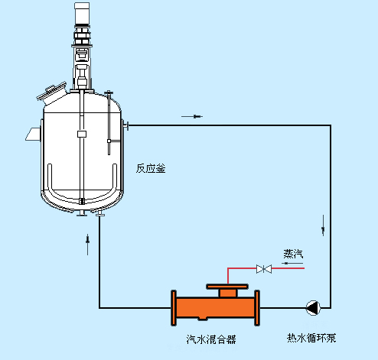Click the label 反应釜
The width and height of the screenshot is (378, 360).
[151, 169]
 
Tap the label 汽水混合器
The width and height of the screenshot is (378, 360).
[211, 339]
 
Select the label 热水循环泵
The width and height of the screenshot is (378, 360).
[311, 338]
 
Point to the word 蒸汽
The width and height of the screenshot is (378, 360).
[293, 254]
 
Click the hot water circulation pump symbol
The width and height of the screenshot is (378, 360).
[313, 308]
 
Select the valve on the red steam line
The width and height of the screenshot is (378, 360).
[264, 269]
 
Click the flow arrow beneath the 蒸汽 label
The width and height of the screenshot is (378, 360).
[292, 263]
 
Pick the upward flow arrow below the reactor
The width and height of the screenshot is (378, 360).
[88, 245]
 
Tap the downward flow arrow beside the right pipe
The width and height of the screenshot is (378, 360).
[324, 225]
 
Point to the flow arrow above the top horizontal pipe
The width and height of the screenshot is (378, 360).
[192, 117]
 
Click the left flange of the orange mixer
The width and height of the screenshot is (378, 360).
[174, 308]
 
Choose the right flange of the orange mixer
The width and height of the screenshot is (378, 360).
[257, 308]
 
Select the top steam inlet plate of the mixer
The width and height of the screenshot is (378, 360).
[227, 287]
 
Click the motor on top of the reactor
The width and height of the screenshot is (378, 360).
[82, 13]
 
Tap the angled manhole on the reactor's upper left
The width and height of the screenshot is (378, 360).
[52, 94]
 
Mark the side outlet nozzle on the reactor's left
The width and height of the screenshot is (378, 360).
[34, 134]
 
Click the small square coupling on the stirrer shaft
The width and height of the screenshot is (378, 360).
[82, 134]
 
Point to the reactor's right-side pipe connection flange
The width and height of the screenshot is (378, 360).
[125, 125]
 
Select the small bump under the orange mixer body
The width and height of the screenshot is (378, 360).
[203, 318]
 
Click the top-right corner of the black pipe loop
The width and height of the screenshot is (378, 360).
[331, 125]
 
